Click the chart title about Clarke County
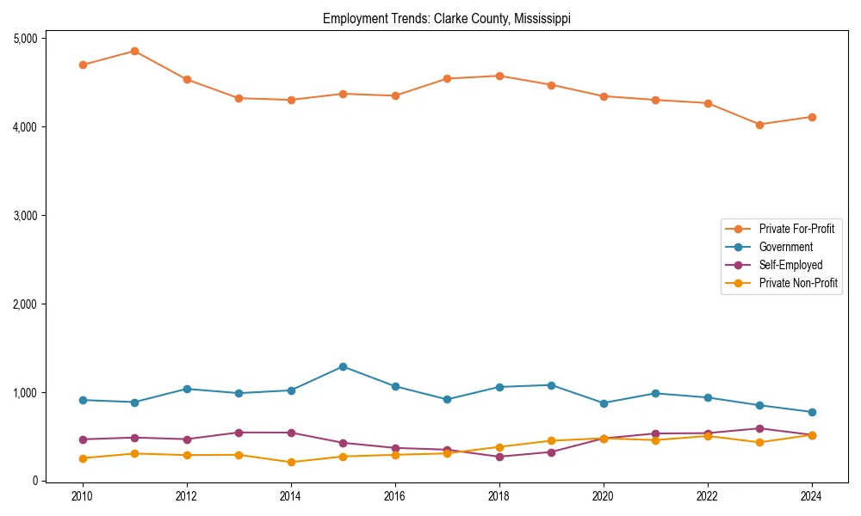446,18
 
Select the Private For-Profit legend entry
790,229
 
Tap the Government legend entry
785,247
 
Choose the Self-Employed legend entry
790,265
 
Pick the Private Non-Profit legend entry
798,283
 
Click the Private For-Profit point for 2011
134,51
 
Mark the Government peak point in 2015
343,366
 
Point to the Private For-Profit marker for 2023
759,125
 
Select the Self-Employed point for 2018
499,457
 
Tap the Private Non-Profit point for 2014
291,463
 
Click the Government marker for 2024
812,412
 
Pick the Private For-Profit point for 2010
83,64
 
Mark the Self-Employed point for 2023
759,428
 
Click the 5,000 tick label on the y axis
25,39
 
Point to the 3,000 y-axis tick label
25,216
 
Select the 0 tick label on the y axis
35,482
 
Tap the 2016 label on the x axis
395,496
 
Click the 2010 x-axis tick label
83,496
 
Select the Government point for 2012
187,389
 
